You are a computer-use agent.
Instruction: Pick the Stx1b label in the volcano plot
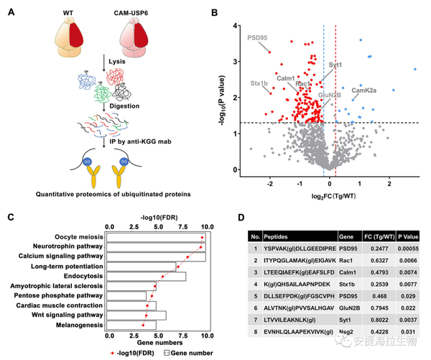point(259,83)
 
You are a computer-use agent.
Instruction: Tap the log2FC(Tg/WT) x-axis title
point(324,196)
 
